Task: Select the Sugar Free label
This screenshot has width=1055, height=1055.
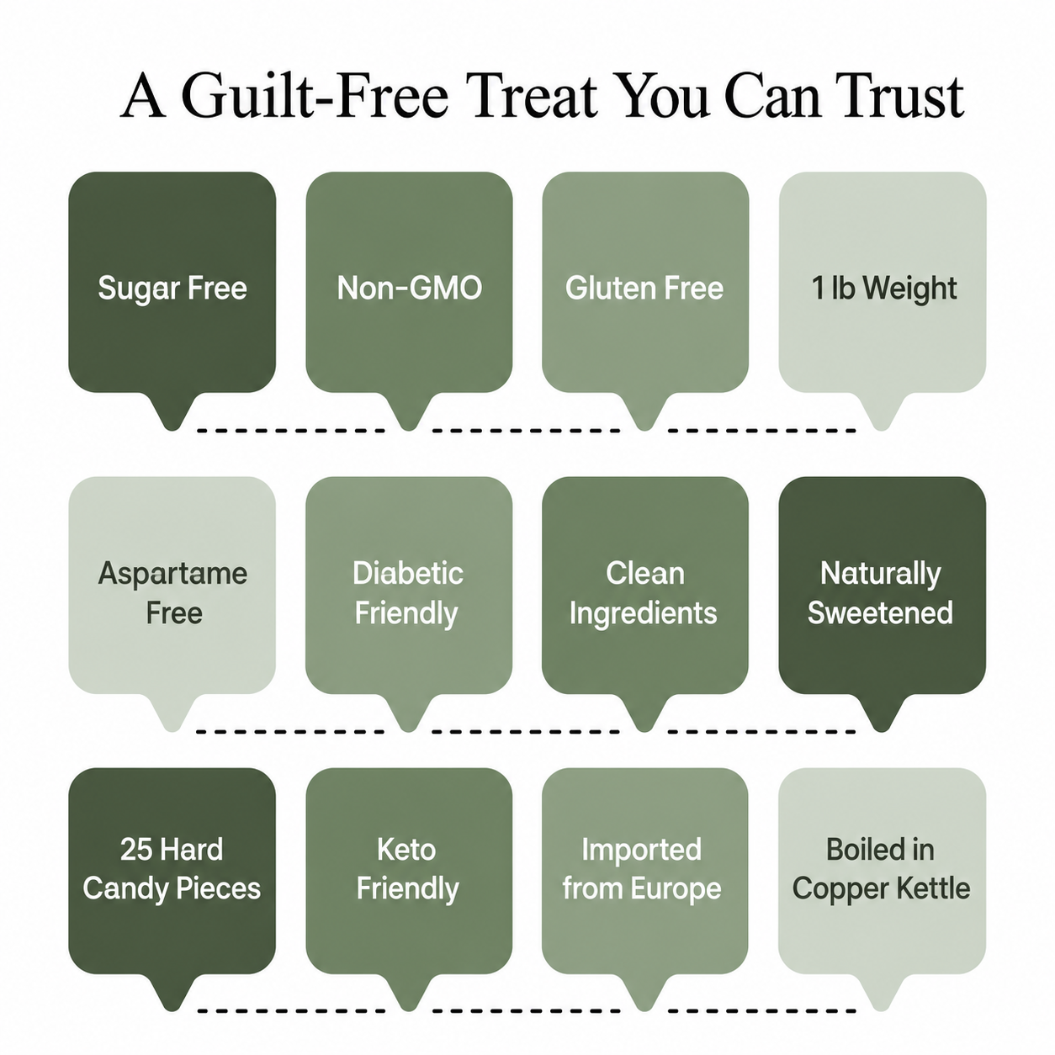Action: pyautogui.click(x=172, y=289)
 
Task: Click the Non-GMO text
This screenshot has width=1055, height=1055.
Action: pyautogui.click(x=409, y=288)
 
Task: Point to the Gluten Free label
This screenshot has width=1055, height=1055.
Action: pyautogui.click(x=644, y=288)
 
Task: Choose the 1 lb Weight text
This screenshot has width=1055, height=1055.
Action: pyautogui.click(x=883, y=289)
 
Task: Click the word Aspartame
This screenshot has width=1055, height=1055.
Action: pyautogui.click(x=172, y=575)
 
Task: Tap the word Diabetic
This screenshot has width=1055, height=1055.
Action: pyautogui.click(x=408, y=573)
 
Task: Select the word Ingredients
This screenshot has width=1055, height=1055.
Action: pyautogui.click(x=644, y=613)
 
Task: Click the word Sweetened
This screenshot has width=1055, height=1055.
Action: pyautogui.click(x=880, y=612)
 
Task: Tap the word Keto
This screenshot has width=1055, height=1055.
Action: pyautogui.click(x=406, y=850)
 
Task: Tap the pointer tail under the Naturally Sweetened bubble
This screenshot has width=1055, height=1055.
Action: pyautogui.click(x=881, y=713)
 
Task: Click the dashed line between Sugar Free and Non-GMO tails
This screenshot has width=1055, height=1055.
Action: pyautogui.click(x=291, y=431)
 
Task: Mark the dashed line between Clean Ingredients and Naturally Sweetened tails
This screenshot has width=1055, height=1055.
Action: pyautogui.click(x=761, y=731)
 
